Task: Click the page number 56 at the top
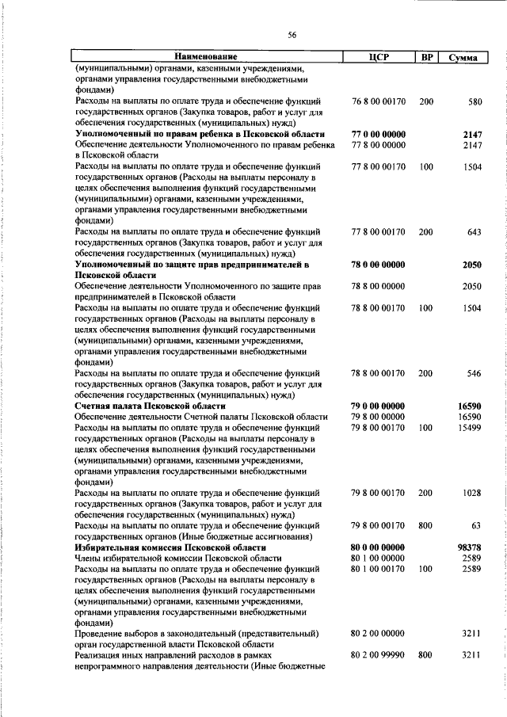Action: (292, 35)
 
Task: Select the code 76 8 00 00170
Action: (378, 102)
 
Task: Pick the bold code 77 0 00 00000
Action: (378, 135)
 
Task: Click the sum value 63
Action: (476, 524)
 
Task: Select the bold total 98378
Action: (469, 547)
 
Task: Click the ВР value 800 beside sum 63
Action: (426, 524)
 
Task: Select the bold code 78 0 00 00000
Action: (378, 264)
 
